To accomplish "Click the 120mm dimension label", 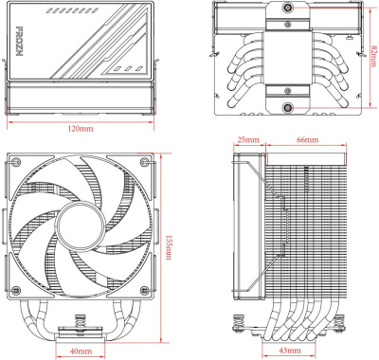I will (x=81, y=129).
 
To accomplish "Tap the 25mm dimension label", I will (x=249, y=139).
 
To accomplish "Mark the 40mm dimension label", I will (x=81, y=351).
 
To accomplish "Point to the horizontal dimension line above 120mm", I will (x=81, y=121).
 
